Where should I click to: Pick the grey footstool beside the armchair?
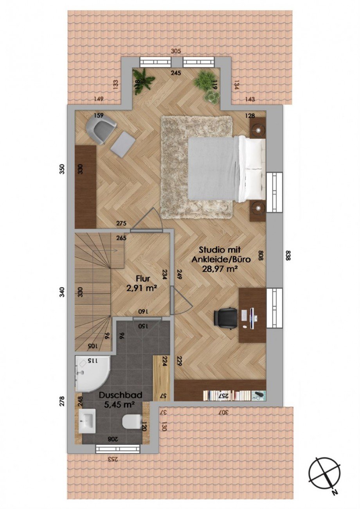pyautogui.click(x=123, y=144)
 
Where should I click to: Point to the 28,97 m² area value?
pyautogui.click(x=220, y=269)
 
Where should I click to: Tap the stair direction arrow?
pyautogui.click(x=113, y=250)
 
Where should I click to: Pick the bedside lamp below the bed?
pyautogui.click(x=258, y=207)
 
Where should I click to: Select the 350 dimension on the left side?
pyautogui.click(x=63, y=169)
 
